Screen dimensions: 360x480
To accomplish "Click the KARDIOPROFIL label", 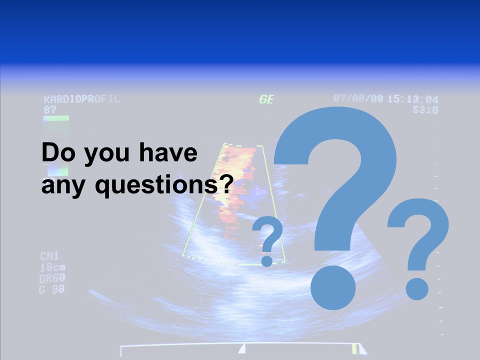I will coord(82,99).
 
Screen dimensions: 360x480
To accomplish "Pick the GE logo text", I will coord(266,99).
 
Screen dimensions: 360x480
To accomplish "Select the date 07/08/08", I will coord(358,98).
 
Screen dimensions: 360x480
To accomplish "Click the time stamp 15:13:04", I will coord(412,99).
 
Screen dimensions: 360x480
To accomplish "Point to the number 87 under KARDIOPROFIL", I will coord(50,108).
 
